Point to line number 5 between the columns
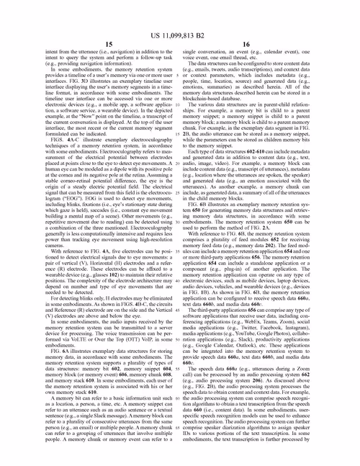[x=176, y=75]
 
